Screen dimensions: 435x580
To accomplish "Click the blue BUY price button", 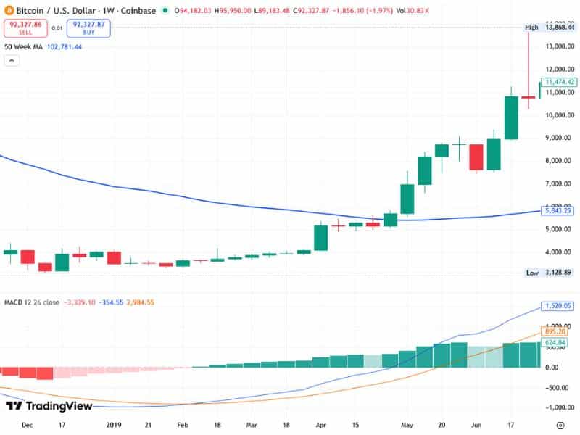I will pos(88,28).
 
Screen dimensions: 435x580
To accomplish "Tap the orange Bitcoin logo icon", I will pos(8,11).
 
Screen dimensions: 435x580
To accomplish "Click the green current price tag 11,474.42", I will pos(560,82).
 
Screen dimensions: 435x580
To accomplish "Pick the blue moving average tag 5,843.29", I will pos(560,211).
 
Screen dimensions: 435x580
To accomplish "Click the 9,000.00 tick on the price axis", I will pos(560,138).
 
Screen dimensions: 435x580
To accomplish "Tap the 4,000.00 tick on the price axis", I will pos(560,252).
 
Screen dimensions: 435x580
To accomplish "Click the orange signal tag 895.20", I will pos(558,331).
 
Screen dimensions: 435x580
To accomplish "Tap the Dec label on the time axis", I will pos(28,425).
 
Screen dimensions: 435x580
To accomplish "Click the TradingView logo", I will pos(49,406).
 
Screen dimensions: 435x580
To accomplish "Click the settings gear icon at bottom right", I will pos(560,425).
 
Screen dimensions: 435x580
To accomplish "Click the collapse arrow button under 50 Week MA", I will pos(12,61).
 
